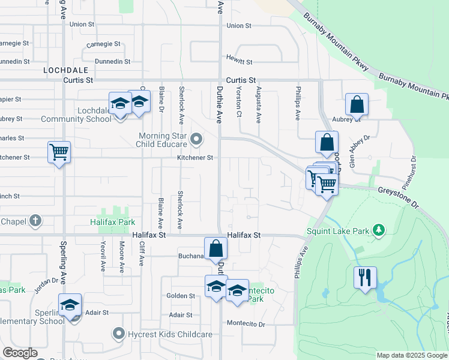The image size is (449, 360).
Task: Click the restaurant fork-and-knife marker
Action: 365,278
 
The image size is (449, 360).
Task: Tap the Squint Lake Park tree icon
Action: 378,230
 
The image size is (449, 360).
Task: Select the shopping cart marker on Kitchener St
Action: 59,152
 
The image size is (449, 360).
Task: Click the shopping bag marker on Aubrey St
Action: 357,104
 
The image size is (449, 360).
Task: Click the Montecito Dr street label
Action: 246,323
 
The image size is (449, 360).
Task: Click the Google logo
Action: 20,353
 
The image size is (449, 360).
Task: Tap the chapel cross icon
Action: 35,221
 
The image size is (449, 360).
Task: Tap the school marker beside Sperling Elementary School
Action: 70,305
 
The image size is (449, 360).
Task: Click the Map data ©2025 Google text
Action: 412,355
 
